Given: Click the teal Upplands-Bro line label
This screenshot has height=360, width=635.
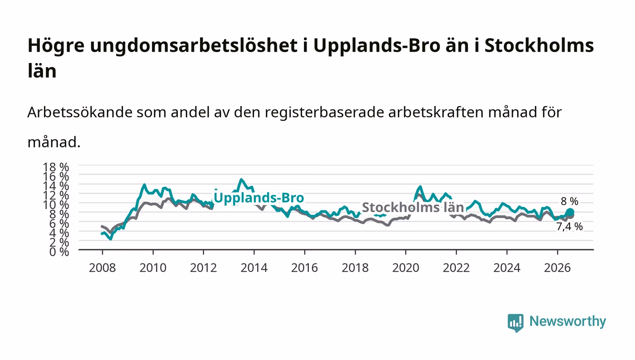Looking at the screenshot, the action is [259, 198].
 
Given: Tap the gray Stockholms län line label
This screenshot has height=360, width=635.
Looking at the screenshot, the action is [413, 207].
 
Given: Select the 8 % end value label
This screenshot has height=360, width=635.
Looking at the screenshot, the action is [570, 201].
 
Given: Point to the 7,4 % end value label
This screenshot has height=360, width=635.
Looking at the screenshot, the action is [569, 227].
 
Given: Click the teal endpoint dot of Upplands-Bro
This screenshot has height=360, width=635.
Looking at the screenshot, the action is [570, 212].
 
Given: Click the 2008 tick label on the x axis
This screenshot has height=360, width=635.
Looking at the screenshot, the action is [103, 268].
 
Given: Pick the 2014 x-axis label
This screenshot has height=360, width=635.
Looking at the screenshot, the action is [254, 268].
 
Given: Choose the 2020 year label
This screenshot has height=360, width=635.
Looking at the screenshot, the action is [405, 268].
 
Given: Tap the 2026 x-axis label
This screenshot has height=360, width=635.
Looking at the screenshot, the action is [557, 268].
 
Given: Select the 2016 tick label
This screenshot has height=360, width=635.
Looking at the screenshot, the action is [304, 268].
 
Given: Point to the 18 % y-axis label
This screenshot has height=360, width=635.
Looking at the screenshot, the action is [56, 167].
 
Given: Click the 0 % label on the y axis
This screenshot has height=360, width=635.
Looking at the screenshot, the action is [59, 252].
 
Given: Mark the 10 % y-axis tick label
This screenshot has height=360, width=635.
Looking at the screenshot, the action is [56, 204].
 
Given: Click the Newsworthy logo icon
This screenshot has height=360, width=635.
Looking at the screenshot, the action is [516, 323].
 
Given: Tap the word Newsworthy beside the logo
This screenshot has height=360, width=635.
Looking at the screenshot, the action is [568, 321].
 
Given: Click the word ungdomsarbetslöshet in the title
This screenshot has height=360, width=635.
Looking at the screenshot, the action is [194, 46].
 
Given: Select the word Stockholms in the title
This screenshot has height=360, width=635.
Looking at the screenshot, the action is [539, 45].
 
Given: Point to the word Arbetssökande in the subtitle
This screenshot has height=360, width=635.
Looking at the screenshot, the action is [80, 112].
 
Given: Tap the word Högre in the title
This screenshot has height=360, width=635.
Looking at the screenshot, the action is [56, 46].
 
